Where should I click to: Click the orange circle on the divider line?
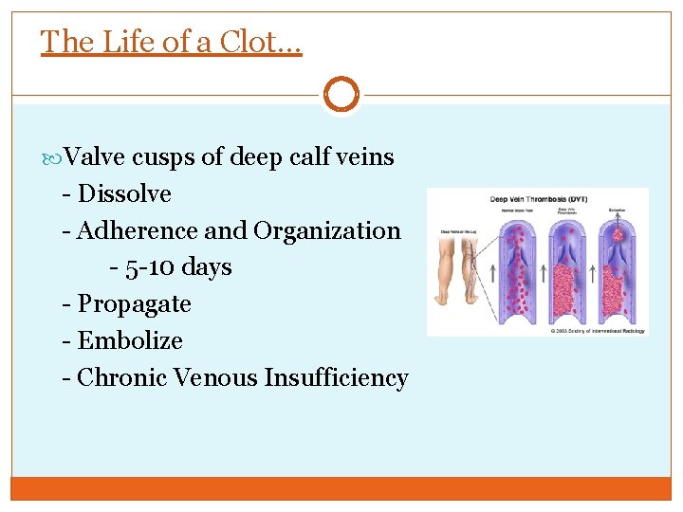[341, 95]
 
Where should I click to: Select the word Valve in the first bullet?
[98, 157]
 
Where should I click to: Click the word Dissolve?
[124, 194]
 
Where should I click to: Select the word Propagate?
[134, 304]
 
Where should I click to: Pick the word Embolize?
[130, 340]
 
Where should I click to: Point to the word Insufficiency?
[336, 377]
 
